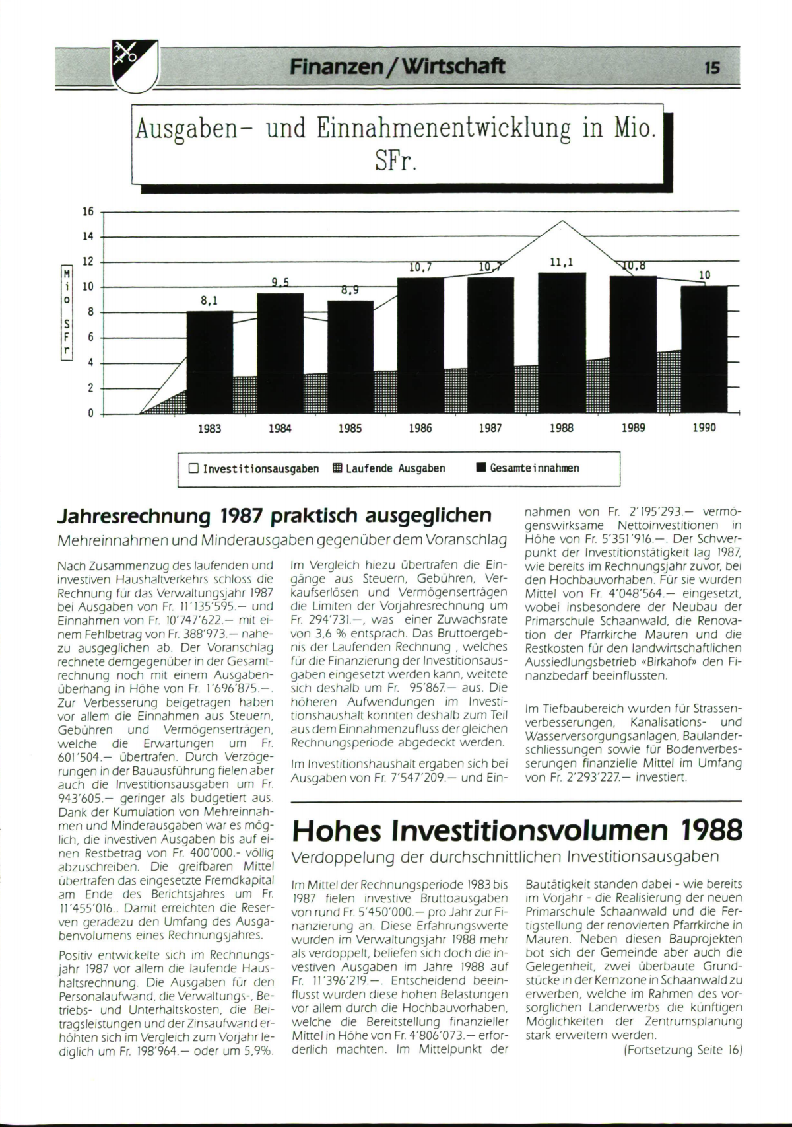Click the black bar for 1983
(209, 362)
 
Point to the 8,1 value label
(209, 301)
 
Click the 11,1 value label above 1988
(562, 262)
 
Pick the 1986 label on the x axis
(420, 428)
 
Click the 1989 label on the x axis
(633, 428)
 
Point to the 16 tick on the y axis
(88, 212)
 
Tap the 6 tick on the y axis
(90, 338)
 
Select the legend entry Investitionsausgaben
(253, 469)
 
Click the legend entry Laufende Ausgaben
(389, 469)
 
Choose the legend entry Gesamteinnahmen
(527, 468)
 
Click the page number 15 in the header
(712, 67)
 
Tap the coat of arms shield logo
(134, 66)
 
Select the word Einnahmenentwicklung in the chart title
(443, 129)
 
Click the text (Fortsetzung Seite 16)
(683, 1050)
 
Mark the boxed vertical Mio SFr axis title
(66, 312)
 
